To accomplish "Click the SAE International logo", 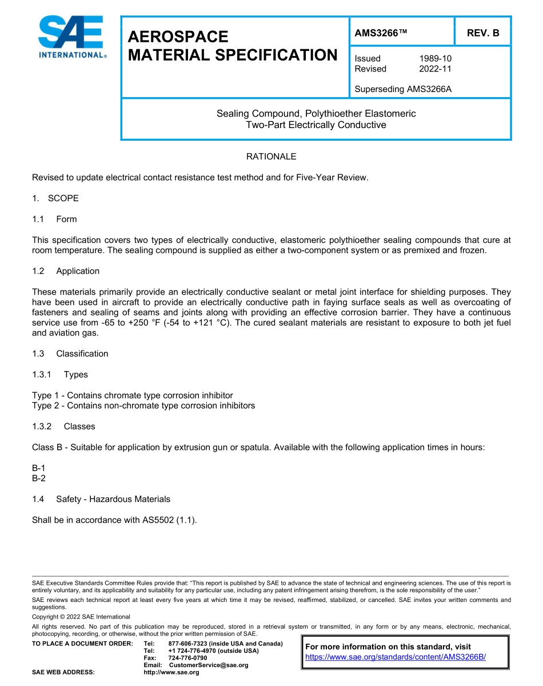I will [x=71, y=37].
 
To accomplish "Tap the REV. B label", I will [x=483, y=33].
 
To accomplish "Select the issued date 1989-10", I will [x=435, y=58].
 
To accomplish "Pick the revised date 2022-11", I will [x=435, y=69].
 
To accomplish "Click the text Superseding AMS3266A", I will [x=403, y=89].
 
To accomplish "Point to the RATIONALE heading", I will [x=271, y=156].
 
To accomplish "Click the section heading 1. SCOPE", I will [x=55, y=198].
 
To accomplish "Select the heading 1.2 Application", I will [x=66, y=271].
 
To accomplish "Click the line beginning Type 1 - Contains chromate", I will [x=133, y=396].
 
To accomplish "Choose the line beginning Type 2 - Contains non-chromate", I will [x=143, y=406].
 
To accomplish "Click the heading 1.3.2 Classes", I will [x=63, y=426].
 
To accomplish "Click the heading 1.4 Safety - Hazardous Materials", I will [x=101, y=499].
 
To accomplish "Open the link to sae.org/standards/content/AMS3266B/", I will [x=396, y=657].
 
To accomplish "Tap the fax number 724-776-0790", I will [x=187, y=658].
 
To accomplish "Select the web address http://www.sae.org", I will [x=171, y=672].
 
